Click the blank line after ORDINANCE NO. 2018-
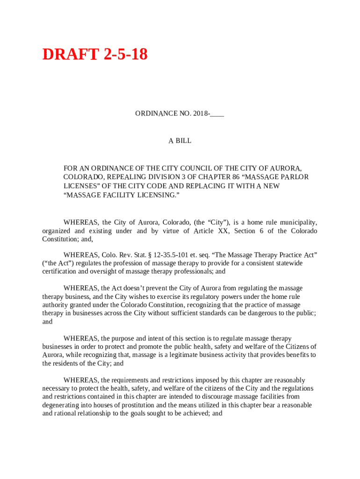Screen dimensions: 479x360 point(217,114)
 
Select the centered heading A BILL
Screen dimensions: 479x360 point(180,141)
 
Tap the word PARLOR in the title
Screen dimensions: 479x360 point(294,177)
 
